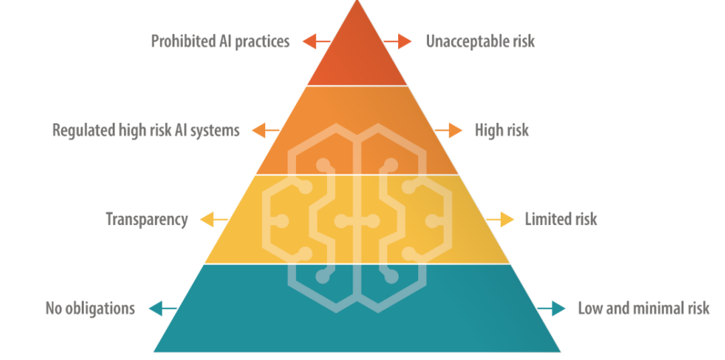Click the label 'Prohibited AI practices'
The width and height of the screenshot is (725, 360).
(x=220, y=42)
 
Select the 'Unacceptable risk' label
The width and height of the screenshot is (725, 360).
(x=480, y=42)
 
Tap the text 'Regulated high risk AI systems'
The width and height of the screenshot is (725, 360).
(x=146, y=130)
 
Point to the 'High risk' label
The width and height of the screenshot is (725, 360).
(x=501, y=130)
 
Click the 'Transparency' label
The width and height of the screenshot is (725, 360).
(x=147, y=220)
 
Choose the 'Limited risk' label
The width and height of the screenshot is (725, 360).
(x=561, y=220)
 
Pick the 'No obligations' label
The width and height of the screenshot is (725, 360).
(x=90, y=308)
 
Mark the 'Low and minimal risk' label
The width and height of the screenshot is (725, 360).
(x=644, y=308)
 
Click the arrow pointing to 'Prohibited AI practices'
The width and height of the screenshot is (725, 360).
(x=316, y=42)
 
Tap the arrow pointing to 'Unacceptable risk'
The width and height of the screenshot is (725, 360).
(x=397, y=42)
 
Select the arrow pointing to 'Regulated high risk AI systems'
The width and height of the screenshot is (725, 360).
(x=265, y=130)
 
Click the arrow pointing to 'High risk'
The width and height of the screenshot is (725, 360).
(x=448, y=130)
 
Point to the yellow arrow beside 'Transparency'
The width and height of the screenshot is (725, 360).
(x=213, y=220)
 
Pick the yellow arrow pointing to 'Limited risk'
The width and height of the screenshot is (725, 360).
(x=500, y=220)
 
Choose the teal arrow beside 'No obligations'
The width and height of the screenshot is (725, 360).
(x=162, y=308)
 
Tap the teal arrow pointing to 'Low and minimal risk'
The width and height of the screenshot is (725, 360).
(x=551, y=308)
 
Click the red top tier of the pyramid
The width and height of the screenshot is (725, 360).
(x=357, y=56)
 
